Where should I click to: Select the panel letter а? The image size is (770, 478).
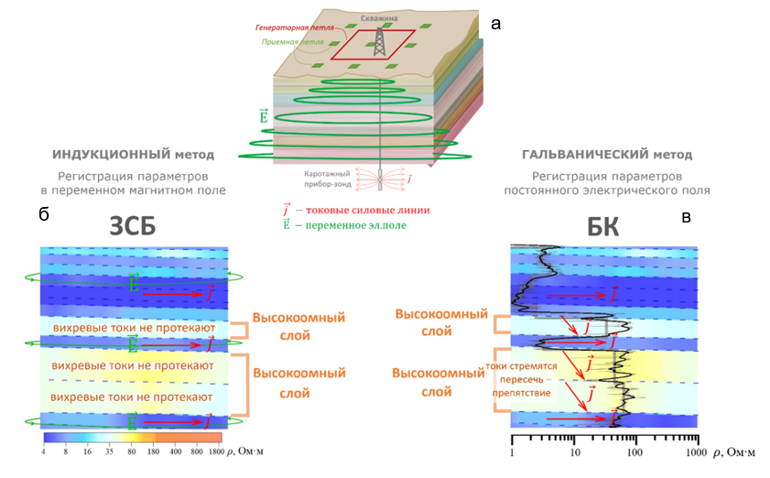point(496,25)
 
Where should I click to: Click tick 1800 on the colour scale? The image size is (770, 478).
point(214,451)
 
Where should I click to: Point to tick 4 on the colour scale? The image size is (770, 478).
point(44,451)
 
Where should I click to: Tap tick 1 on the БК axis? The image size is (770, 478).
point(512,452)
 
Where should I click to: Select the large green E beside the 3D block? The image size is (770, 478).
point(264,117)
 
